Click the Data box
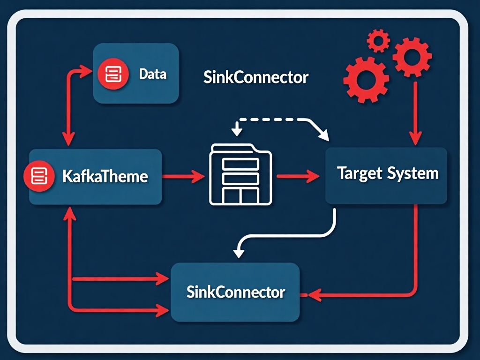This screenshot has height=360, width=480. point(136,74)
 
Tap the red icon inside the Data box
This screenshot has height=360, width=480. point(112,74)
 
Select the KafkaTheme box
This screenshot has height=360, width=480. point(96,177)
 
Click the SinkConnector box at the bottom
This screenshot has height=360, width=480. point(235,292)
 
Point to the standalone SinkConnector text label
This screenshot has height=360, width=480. point(256,77)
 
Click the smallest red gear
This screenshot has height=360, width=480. point(378,40)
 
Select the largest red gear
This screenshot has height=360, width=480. point(366,79)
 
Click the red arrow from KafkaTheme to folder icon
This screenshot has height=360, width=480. point(184,177)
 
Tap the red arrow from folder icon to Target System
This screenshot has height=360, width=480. point(297,177)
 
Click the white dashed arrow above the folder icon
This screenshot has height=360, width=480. point(277,120)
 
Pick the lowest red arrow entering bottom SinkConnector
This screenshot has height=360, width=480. point(117,309)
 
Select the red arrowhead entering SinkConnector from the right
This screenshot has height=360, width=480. point(313,295)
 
